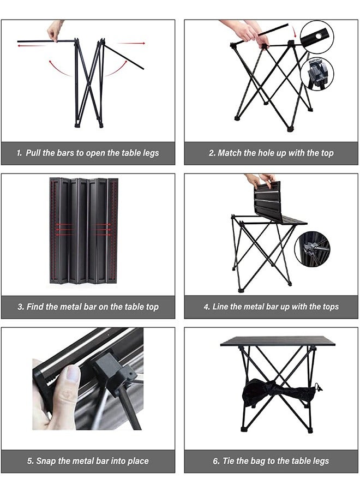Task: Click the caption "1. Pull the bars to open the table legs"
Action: click(88, 153)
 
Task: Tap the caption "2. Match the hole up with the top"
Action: click(271, 153)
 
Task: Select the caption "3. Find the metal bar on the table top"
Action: click(88, 307)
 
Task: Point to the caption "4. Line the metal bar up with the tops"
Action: click(271, 307)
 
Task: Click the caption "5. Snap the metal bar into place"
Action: click(88, 461)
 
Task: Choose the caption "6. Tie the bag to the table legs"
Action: click(271, 461)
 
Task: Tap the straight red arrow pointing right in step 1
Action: click(131, 43)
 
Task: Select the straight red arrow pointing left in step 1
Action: click(31, 46)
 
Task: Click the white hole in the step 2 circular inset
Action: click(319, 37)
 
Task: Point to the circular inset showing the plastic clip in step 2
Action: click(317, 74)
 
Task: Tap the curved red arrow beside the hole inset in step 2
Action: click(293, 31)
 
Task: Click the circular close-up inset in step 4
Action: click(312, 249)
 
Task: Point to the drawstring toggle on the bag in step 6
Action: click(319, 388)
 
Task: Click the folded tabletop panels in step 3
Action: click(84, 231)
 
